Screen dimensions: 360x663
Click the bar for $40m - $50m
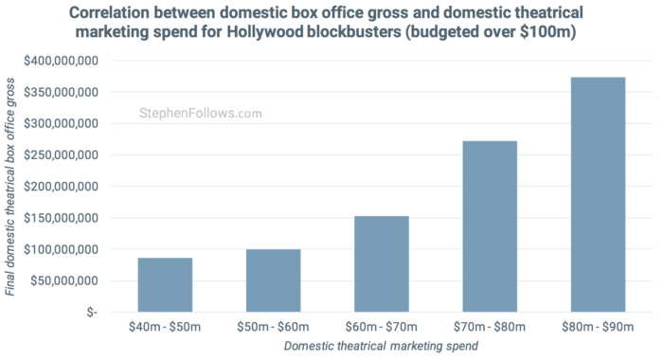165,285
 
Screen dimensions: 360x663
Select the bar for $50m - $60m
273,280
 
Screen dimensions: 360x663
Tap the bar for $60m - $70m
382,264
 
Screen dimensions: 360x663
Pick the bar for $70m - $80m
490,226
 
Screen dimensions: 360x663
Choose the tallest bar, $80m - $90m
599,194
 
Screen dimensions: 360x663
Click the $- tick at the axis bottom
90,313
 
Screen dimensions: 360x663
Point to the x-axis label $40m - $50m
165,327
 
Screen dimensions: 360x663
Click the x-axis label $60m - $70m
382,327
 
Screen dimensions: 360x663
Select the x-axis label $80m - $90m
599,327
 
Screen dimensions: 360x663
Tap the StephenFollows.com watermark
200,114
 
